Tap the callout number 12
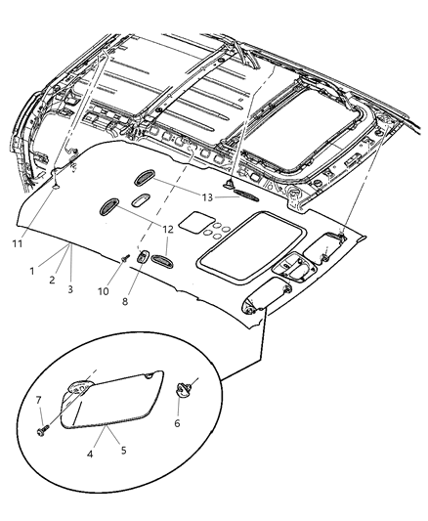(x=167, y=230)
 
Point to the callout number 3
(x=69, y=289)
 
